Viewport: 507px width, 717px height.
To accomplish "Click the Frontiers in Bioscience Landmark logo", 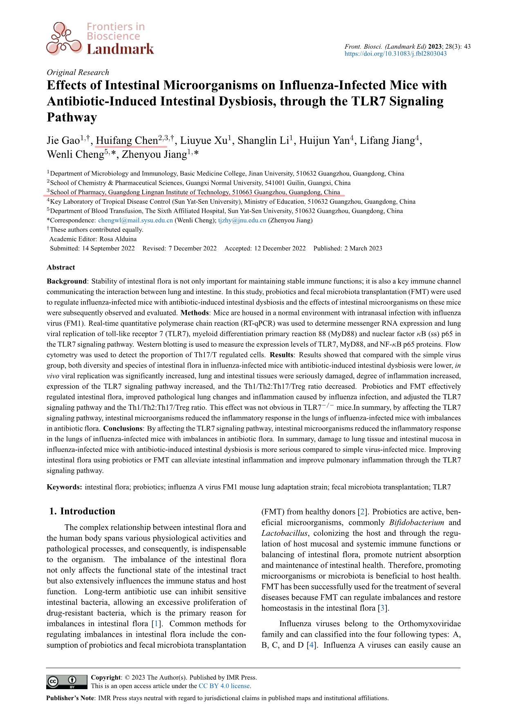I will pyautogui.click(x=100, y=39).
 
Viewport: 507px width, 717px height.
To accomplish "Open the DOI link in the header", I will pyautogui.click(x=395, y=54).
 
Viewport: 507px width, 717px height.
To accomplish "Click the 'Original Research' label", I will pyautogui.click(x=78, y=72).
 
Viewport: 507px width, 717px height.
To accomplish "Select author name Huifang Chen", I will pyautogui.click(x=127, y=141).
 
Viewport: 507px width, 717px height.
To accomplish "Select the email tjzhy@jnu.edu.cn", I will pyautogui.click(x=242, y=220).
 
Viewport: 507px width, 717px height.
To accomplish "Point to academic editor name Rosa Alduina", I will pyautogui.click(x=118, y=239).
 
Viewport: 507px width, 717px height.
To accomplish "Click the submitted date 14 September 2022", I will pyautogui.click(x=108, y=248).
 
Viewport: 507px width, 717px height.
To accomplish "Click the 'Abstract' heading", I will pyautogui.click(x=61, y=267).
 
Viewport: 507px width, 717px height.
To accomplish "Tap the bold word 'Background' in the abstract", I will pyautogui.click(x=67, y=281).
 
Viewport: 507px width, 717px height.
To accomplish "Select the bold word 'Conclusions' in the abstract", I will pyautogui.click(x=123, y=429).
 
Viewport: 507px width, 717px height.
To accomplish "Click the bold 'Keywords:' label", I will pyautogui.click(x=64, y=487).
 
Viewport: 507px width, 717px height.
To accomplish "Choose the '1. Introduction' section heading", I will pyautogui.click(x=82, y=511).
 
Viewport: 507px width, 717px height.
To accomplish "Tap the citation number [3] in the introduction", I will pyautogui.click(x=383, y=608).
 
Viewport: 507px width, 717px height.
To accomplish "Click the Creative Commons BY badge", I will pyautogui.click(x=67, y=682).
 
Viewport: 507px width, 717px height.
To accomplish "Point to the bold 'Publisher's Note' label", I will pyautogui.click(x=70, y=698).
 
